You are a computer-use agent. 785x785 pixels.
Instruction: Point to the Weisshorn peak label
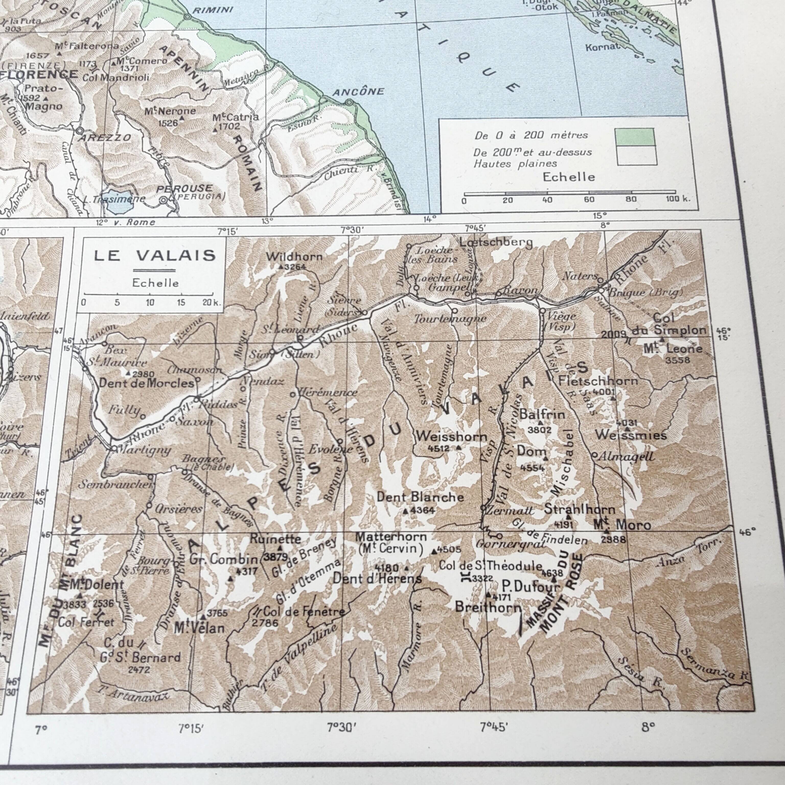pos(452,437)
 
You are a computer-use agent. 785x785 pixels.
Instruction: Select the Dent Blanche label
pos(420,497)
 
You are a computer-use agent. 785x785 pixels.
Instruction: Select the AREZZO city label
pos(105,138)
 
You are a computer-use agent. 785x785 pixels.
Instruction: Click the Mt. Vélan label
pos(199,628)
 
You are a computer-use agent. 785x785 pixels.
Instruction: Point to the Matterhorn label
pos(391,537)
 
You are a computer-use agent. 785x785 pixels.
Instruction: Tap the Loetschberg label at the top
pos(496,243)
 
